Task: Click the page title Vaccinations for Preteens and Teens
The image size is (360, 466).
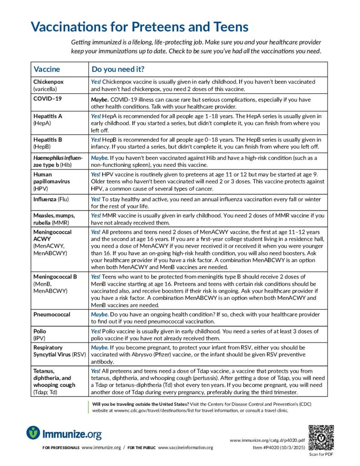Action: pyautogui.click(x=140, y=26)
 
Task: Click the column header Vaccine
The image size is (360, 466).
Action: pyautogui.click(x=46, y=70)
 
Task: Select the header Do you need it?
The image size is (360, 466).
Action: pyautogui.click(x=118, y=70)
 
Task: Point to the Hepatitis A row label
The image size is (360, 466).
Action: pyautogui.click(x=48, y=116)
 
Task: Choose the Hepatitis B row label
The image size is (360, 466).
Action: pyautogui.click(x=48, y=140)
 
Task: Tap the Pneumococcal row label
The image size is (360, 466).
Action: pyautogui.click(x=51, y=314)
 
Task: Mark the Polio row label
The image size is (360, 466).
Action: pyautogui.click(x=40, y=331)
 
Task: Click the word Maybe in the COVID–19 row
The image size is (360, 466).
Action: pyautogui.click(x=99, y=99)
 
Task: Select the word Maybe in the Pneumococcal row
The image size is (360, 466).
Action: pyautogui.click(x=99, y=314)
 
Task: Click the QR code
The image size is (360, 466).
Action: pyautogui.click(x=321, y=437)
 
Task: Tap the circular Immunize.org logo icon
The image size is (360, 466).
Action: pyautogui.click(x=33, y=433)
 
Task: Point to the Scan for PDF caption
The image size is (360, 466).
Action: pyautogui.click(x=321, y=454)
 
